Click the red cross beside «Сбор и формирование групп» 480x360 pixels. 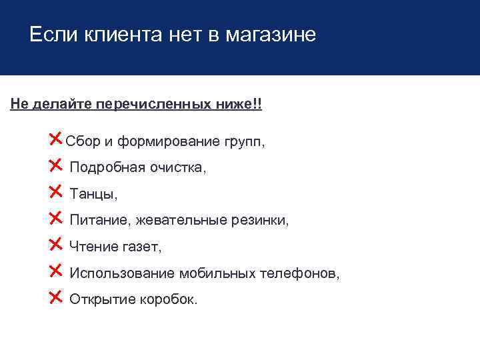click(x=56, y=139)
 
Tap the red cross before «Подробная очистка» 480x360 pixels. click(x=56, y=165)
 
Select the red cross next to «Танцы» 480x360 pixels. click(x=56, y=192)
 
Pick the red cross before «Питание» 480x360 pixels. click(x=56, y=218)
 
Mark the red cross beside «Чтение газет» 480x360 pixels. click(x=56, y=244)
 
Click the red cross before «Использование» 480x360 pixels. click(x=56, y=271)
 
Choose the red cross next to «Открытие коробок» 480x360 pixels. click(x=56, y=297)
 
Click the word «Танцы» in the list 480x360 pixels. click(x=93, y=194)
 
